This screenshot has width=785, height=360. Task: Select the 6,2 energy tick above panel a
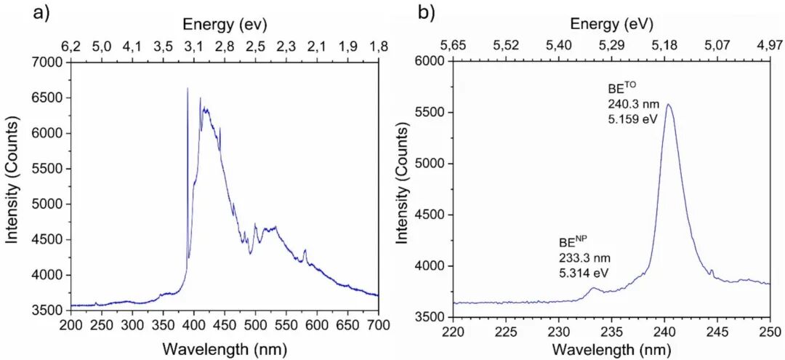71,47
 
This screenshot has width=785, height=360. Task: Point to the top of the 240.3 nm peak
668,105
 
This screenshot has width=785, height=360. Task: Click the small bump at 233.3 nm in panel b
593,289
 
